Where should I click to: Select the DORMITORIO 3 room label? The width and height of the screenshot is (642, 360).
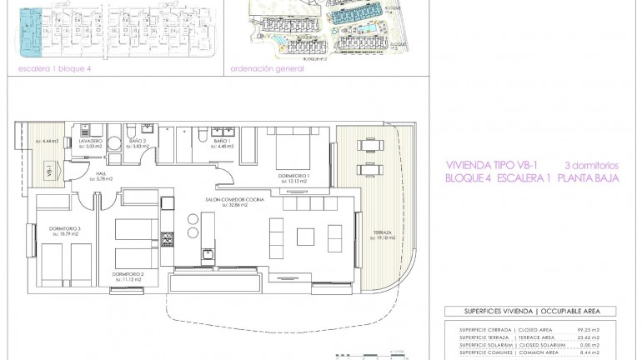65,229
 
